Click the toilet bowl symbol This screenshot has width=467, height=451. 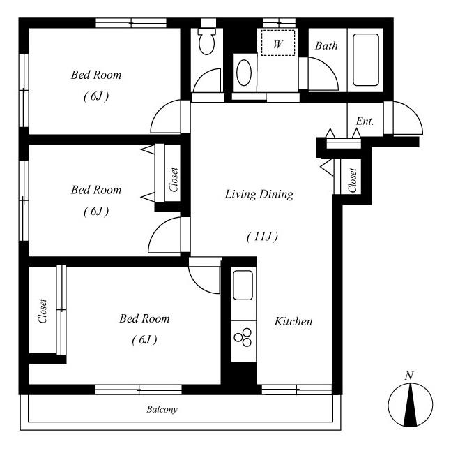coord(207,42)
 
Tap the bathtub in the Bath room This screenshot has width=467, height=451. coord(366,59)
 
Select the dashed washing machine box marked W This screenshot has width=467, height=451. coord(278,43)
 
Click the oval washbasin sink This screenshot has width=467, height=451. coord(244,73)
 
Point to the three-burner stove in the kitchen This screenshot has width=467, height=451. coord(243,337)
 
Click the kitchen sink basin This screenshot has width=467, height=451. coord(243,285)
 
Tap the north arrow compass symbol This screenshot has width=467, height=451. coord(410,404)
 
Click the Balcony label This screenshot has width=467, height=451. coord(162,409)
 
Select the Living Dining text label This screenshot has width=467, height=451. coord(259,194)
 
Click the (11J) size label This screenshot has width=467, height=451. coord(262,237)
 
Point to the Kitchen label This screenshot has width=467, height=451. coord(293,321)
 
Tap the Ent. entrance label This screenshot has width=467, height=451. coord(365,121)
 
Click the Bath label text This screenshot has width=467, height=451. coord(326,45)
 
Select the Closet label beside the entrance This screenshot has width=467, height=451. coord(352,180)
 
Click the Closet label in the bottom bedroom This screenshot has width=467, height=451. coord(43,311)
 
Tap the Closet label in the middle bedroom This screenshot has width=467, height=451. coord(174,179)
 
